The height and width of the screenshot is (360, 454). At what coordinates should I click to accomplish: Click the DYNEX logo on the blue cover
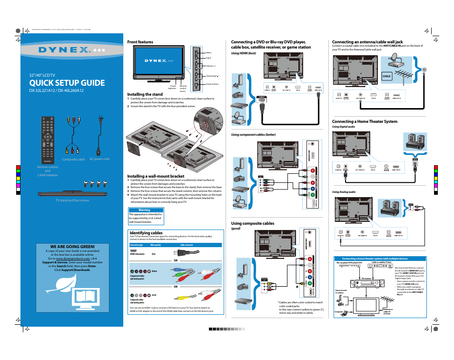click(70, 50)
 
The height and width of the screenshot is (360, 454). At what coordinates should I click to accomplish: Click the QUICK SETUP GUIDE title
click(67, 83)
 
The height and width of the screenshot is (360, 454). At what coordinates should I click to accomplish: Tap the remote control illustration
click(48, 139)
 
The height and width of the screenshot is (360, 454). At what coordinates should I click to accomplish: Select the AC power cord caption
click(99, 159)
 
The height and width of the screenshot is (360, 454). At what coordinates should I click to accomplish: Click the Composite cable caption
click(73, 160)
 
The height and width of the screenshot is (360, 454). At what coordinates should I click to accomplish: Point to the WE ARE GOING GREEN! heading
click(69, 246)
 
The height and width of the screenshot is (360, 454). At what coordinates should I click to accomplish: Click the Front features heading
click(140, 42)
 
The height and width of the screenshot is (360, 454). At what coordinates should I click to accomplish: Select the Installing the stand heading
click(145, 94)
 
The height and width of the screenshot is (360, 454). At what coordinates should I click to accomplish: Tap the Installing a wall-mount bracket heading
click(155, 176)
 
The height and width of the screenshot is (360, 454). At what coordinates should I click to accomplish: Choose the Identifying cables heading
click(146, 233)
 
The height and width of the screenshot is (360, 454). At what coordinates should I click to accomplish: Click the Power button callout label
click(212, 84)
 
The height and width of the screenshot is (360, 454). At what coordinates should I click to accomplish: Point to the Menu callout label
click(208, 52)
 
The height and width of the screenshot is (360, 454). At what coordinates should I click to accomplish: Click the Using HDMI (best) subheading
click(244, 53)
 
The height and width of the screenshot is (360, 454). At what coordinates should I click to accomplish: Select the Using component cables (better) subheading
click(253, 135)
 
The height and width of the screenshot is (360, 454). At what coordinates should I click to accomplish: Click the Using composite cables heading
click(252, 223)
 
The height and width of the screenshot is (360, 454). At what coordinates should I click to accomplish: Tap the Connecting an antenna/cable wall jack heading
click(367, 42)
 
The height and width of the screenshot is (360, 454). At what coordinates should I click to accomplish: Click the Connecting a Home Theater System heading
click(365, 122)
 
